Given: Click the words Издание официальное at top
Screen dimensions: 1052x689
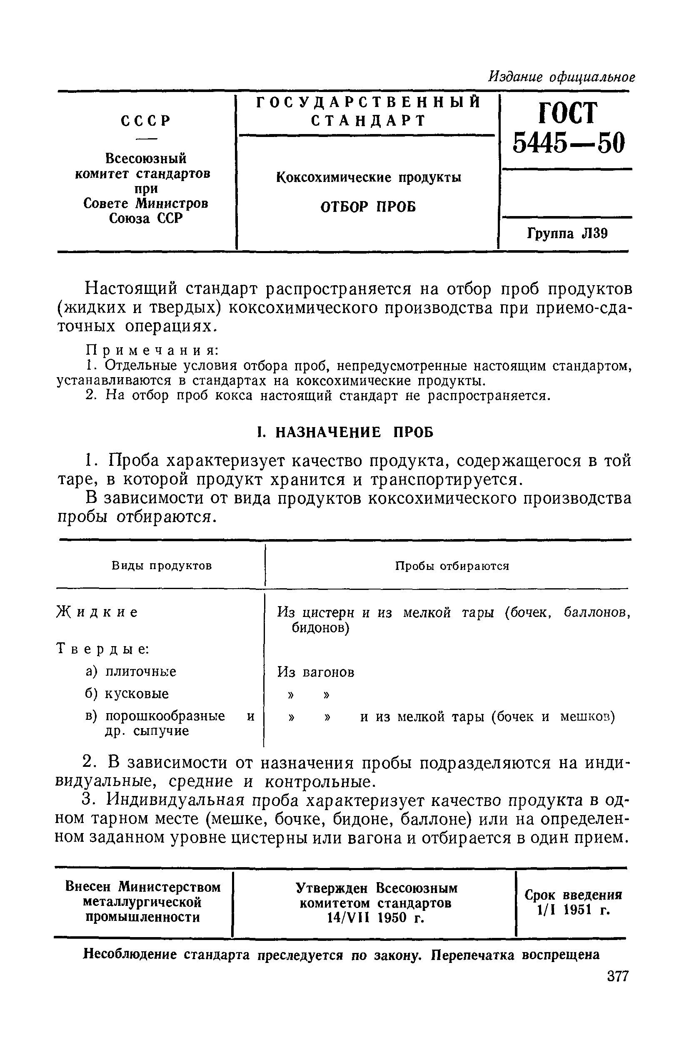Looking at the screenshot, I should point(561,77).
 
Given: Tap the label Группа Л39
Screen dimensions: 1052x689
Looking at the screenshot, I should point(567,234).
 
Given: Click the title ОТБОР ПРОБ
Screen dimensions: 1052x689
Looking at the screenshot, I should point(368,206).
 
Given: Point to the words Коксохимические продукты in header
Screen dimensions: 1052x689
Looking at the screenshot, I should point(368,177).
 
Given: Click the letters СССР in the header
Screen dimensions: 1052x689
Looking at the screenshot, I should point(145,121).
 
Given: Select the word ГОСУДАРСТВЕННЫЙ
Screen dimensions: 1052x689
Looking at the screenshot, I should point(368,102).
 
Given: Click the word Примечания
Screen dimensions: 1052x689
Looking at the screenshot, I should point(152,350).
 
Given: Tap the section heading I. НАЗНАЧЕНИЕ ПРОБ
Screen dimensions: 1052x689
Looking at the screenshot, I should point(345,432).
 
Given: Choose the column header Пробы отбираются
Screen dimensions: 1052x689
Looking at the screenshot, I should point(452,566).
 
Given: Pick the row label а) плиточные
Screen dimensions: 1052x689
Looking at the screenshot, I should point(131,672).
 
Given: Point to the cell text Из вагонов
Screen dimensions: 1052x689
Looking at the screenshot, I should point(316,672).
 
